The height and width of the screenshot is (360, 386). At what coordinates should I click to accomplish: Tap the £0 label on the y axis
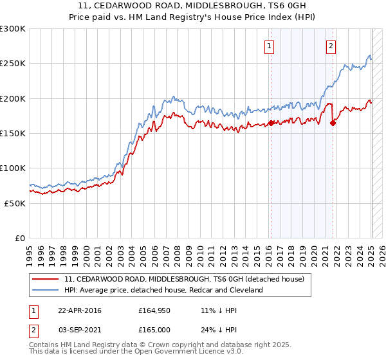pos(19,238)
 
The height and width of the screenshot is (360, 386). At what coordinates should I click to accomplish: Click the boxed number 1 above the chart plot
pos(268,46)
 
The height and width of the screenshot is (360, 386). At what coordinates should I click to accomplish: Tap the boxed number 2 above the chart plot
pos(331,46)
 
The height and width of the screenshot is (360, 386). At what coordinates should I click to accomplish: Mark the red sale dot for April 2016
pos(271,123)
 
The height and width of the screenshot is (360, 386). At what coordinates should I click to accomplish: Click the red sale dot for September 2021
pos(333,123)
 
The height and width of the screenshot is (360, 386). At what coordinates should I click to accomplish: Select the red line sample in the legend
pos(46,279)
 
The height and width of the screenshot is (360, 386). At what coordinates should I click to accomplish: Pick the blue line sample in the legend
pos(46,290)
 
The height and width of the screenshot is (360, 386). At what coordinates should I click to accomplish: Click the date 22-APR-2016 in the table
pos(80,310)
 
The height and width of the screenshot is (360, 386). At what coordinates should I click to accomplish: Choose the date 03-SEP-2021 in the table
pos(80,328)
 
